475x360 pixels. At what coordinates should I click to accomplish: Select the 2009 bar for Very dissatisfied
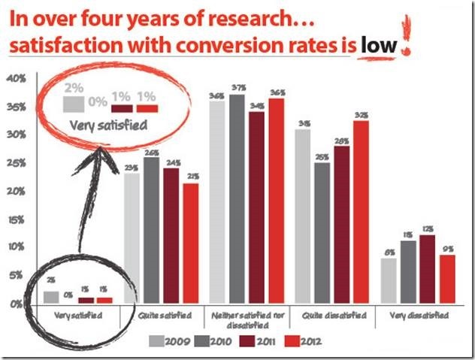click(389, 281)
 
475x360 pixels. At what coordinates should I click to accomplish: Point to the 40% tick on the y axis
click(17, 78)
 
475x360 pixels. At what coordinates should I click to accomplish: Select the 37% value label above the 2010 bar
click(237, 88)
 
